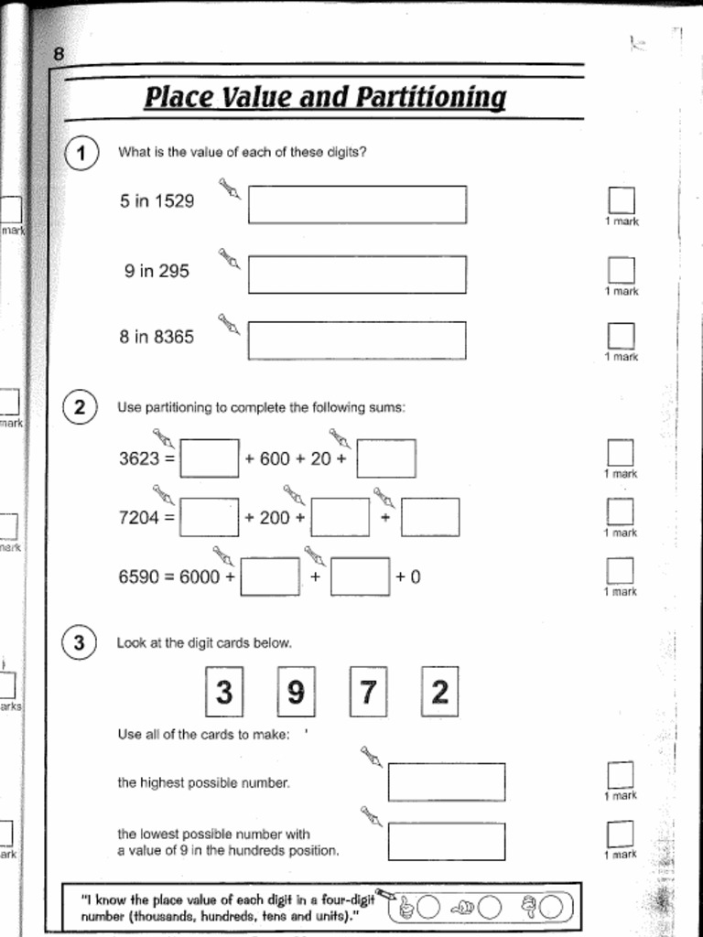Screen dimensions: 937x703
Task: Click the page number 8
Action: pyautogui.click(x=59, y=54)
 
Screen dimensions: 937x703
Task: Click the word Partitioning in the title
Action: pyautogui.click(x=429, y=97)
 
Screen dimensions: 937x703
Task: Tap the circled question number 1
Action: pyautogui.click(x=81, y=154)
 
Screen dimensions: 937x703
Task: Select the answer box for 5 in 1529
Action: pyautogui.click(x=357, y=204)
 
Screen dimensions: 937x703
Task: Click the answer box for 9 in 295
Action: pyautogui.click(x=357, y=275)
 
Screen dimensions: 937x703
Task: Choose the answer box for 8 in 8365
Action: pyautogui.click(x=357, y=340)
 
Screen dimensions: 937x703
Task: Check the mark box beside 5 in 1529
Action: pyautogui.click(x=622, y=200)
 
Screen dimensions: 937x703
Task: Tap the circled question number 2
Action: pyautogui.click(x=80, y=407)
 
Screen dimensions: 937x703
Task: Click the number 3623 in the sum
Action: pyautogui.click(x=139, y=458)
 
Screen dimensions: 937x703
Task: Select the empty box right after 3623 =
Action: pyautogui.click(x=210, y=458)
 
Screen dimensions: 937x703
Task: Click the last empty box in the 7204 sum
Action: pyautogui.click(x=430, y=517)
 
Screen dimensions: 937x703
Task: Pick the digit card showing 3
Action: pyautogui.click(x=223, y=693)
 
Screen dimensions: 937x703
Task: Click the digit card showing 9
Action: pyautogui.click(x=296, y=693)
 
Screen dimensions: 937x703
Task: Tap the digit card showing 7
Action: pyautogui.click(x=368, y=693)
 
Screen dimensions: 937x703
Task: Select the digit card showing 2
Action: pyautogui.click(x=439, y=693)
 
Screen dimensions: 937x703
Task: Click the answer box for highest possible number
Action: pyautogui.click(x=447, y=781)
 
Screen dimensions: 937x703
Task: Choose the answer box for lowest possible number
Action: pyautogui.click(x=447, y=841)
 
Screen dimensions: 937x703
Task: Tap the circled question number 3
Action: pyautogui.click(x=79, y=643)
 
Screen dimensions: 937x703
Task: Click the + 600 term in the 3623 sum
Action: pyautogui.click(x=267, y=459)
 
